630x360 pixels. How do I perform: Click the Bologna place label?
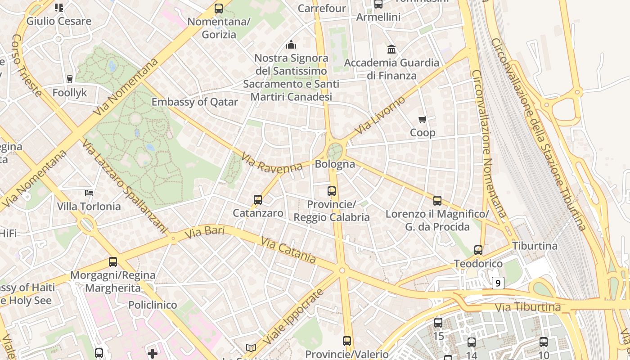coord(335,164)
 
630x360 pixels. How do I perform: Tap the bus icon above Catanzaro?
coord(258,199)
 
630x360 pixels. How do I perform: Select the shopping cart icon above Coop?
coord(422,120)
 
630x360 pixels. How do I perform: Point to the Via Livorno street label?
coord(380,115)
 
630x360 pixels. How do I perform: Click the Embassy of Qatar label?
coord(194,102)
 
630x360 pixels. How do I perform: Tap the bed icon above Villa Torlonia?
coord(89,193)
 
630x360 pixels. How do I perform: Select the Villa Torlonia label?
coord(89,207)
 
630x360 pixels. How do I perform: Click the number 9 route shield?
coord(497,283)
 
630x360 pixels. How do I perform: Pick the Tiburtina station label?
coord(535,246)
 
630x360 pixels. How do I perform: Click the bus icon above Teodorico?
coord(478,250)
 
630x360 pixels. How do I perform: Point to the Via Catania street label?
coord(288,250)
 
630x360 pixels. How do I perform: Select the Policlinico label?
coord(153,305)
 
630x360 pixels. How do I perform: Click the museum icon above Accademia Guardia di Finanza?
coord(391,49)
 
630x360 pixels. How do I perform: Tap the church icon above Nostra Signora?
coord(291,45)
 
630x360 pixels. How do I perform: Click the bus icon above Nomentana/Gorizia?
coord(219,8)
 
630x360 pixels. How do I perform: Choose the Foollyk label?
coord(69,93)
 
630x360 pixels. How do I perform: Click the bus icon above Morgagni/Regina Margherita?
coord(113,261)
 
